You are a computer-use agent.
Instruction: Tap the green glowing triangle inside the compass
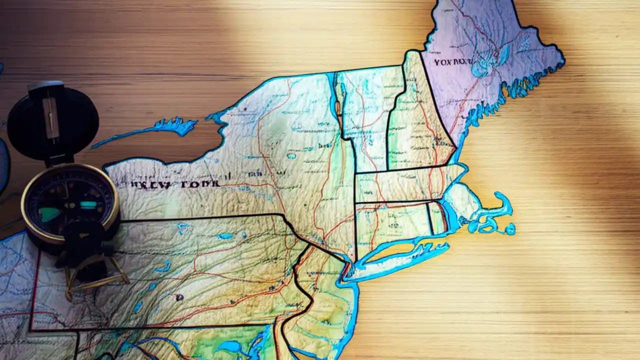click(50, 214)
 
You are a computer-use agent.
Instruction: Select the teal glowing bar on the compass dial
click(88, 205)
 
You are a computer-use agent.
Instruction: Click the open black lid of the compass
click(52, 122)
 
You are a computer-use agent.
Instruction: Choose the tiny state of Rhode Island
click(437, 217)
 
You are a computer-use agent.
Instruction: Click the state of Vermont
click(367, 120)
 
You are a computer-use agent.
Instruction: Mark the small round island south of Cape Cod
click(509, 229)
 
